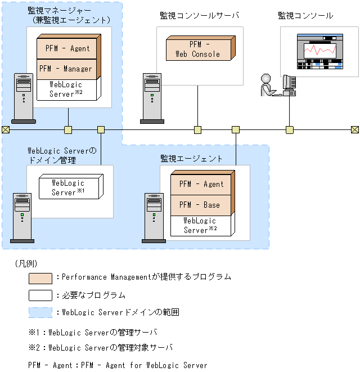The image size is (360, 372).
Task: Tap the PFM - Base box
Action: point(202,205)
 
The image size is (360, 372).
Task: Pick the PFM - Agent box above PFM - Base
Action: point(202,183)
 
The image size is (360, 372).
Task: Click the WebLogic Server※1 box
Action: point(68,187)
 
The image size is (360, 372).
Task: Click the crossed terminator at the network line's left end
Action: point(6,130)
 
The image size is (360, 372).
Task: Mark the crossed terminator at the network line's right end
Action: point(354,130)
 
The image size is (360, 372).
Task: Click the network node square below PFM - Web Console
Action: point(198,130)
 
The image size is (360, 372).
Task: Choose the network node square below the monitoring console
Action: point(290,130)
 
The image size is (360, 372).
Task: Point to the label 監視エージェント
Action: point(192,159)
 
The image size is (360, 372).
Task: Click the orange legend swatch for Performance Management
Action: point(40,278)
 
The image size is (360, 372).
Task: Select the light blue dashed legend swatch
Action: point(40,312)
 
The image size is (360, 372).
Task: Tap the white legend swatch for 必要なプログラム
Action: point(40,295)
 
